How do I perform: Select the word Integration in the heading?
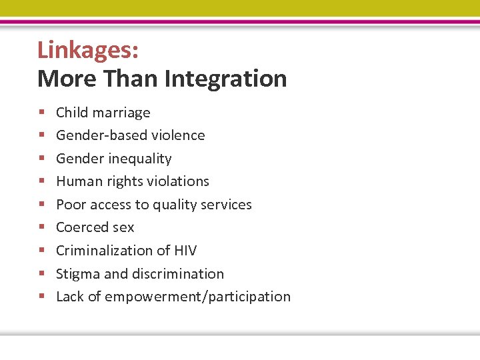coord(225,79)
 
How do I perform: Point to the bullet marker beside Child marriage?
coord(41,113)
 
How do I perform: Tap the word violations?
coord(178,181)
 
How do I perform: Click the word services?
coord(227,205)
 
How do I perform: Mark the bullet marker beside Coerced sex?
coord(41,228)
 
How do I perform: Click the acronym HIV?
coord(184,251)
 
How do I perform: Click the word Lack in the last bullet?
coord(70,297)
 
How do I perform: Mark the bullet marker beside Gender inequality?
coord(41,159)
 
